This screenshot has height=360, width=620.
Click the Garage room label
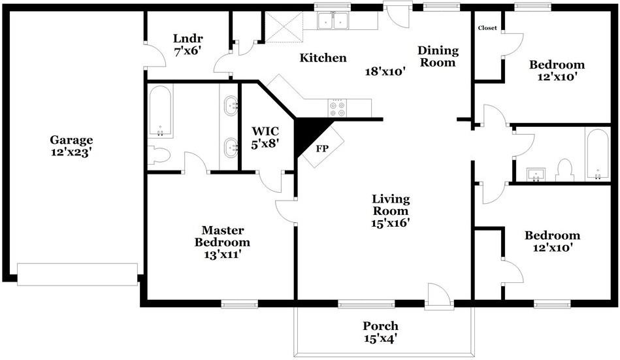tap(72, 140)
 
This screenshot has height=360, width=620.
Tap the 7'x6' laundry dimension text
tap(188, 51)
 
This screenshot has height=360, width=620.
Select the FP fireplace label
tap(322, 149)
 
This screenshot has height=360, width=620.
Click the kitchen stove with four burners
tap(337, 108)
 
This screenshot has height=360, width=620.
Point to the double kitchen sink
tap(333, 20)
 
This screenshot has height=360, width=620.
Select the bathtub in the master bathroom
tap(161, 111)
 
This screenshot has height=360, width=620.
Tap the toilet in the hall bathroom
tap(564, 170)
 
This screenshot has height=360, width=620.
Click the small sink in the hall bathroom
tap(536, 174)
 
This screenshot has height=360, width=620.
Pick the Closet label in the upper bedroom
tap(487, 27)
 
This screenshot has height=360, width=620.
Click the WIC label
tap(265, 131)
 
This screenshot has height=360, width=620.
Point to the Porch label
tap(381, 326)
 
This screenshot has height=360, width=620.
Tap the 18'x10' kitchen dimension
tap(385, 72)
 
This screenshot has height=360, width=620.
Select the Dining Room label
tap(438, 56)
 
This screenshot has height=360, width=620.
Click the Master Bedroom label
tap(222, 236)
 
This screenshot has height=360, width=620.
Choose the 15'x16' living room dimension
tap(390, 223)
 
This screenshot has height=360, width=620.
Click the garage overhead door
tap(78, 274)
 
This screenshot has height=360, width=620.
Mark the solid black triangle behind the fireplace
tap(310, 134)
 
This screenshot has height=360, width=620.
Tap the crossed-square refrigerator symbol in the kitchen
tap(284, 27)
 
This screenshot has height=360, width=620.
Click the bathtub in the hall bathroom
tap(598, 155)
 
